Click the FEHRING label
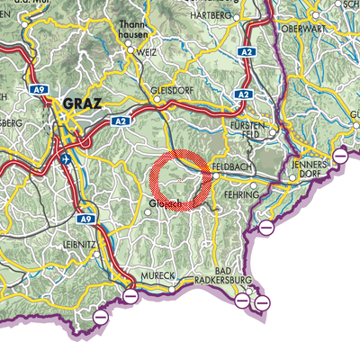(x=243, y=195)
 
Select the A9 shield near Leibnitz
(x=85, y=218)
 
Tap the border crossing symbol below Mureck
(x=130, y=295)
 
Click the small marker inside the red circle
(x=182, y=180)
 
